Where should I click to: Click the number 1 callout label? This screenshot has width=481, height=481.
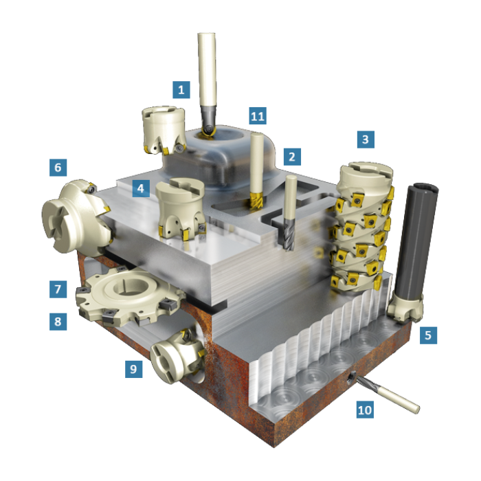pyautogui.click(x=181, y=89)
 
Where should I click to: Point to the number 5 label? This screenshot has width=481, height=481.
pyautogui.click(x=427, y=335)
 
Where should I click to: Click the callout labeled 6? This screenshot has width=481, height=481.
pyautogui.click(x=58, y=167)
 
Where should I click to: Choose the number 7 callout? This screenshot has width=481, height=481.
pyautogui.click(x=58, y=289)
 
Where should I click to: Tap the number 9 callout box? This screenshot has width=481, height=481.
pyautogui.click(x=133, y=369)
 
